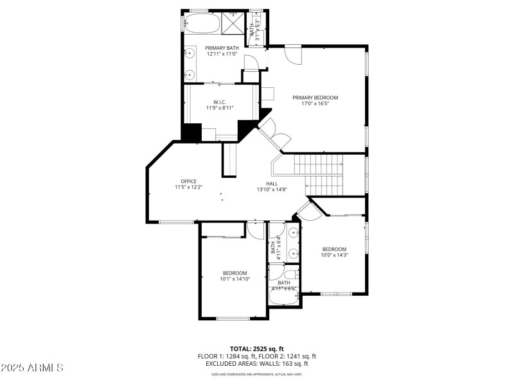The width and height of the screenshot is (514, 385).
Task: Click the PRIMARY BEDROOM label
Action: (315, 98)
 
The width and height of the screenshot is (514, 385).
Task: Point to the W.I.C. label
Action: (219, 102)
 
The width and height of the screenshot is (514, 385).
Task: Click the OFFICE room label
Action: (188, 181)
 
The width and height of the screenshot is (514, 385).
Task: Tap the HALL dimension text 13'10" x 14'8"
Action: (272, 189)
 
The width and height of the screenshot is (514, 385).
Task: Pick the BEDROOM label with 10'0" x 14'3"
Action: (334, 249)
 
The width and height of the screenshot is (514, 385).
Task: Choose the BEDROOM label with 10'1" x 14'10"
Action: (235, 273)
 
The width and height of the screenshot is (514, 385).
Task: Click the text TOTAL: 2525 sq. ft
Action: (256, 348)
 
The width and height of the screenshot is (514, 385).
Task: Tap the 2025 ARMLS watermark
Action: (32, 368)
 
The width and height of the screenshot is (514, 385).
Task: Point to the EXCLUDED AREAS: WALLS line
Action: (256, 364)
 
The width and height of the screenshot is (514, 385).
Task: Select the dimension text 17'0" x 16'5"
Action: (315, 105)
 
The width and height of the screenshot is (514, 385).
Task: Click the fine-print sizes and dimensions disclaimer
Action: (256, 374)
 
